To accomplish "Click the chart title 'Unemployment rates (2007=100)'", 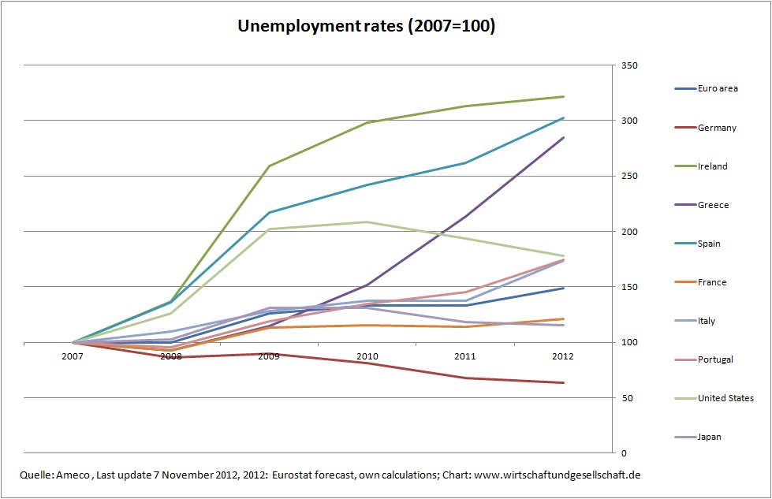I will [x=367, y=26].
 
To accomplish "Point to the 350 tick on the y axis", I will [x=629, y=65].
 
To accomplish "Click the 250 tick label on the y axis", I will [x=629, y=176].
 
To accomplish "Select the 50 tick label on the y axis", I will [x=627, y=398].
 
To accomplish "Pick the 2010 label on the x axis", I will [x=367, y=356].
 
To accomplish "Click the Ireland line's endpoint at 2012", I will [x=563, y=96].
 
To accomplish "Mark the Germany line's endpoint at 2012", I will [x=563, y=383].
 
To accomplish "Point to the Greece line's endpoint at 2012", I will [x=563, y=138].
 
